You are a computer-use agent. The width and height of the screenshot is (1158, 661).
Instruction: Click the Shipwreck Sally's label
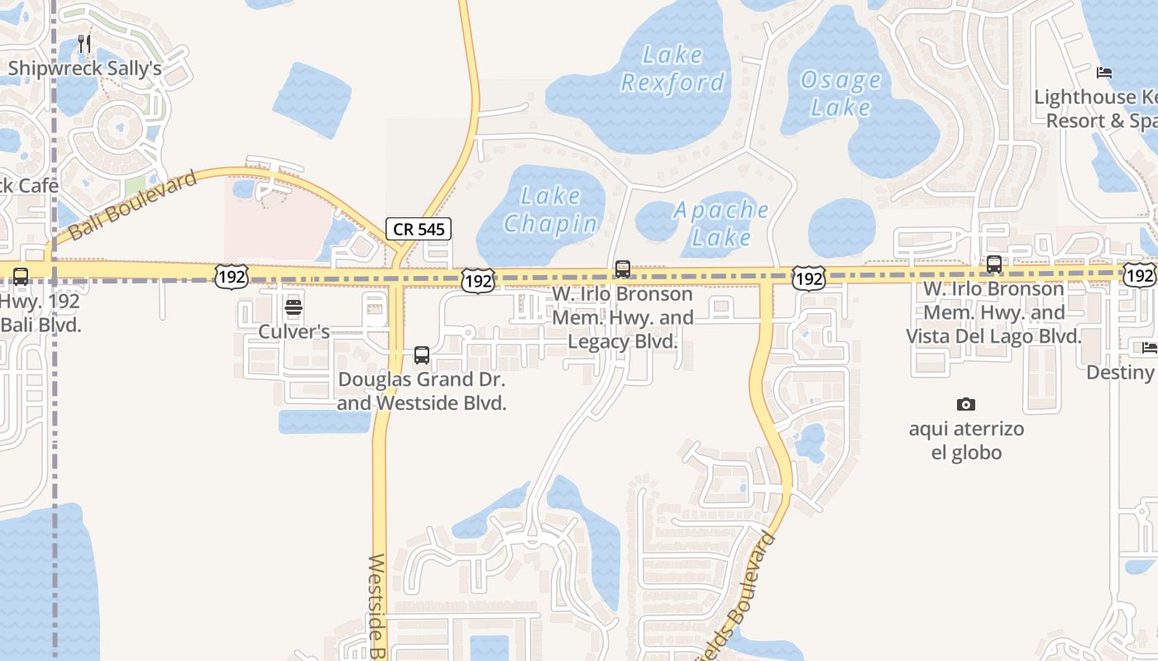[84, 68]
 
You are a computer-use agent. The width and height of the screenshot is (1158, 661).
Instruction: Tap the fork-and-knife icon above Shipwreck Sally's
[84, 43]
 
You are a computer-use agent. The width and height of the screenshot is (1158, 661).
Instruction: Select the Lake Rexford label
[672, 69]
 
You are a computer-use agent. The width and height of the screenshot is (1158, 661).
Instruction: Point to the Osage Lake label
[841, 93]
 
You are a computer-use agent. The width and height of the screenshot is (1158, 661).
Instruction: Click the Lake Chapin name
[551, 210]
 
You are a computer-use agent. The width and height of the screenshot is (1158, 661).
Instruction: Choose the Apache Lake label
[721, 224]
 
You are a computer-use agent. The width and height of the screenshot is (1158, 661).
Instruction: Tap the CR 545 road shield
[419, 229]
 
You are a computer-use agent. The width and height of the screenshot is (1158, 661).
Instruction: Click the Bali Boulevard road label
[133, 206]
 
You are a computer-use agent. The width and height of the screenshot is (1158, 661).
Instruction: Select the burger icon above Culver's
[294, 308]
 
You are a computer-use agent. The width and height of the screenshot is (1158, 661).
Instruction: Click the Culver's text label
[294, 332]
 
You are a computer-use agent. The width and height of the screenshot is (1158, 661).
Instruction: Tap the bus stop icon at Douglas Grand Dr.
[422, 355]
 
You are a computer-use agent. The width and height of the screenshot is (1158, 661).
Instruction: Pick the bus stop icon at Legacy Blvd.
[623, 269]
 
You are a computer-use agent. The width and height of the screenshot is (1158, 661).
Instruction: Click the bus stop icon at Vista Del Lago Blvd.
[994, 264]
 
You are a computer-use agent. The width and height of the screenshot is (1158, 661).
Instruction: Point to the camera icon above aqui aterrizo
[965, 404]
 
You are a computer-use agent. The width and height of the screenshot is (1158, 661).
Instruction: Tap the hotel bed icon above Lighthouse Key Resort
[1104, 73]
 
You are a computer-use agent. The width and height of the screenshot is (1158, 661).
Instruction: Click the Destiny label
[1121, 373]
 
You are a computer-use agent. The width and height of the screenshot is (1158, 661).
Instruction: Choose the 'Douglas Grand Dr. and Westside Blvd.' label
[422, 392]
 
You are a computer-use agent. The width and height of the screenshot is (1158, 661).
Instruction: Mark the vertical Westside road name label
[377, 607]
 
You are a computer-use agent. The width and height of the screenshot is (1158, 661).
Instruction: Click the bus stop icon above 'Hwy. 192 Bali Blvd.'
[21, 277]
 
